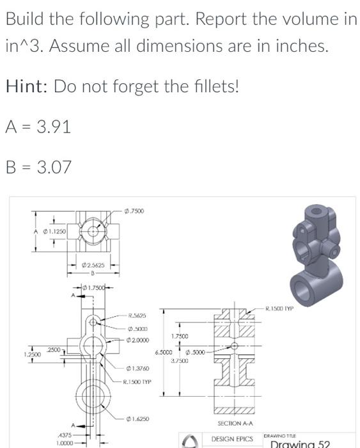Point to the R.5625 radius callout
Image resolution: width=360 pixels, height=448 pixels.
(x=137, y=315)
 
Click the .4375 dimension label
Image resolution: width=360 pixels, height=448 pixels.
(x=63, y=435)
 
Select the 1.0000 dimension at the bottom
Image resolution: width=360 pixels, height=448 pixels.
(x=63, y=443)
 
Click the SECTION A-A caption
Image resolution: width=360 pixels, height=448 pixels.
(x=235, y=424)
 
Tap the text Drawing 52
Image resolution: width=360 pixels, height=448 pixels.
(x=300, y=444)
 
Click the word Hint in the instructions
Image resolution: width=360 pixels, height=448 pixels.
(x=27, y=86)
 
